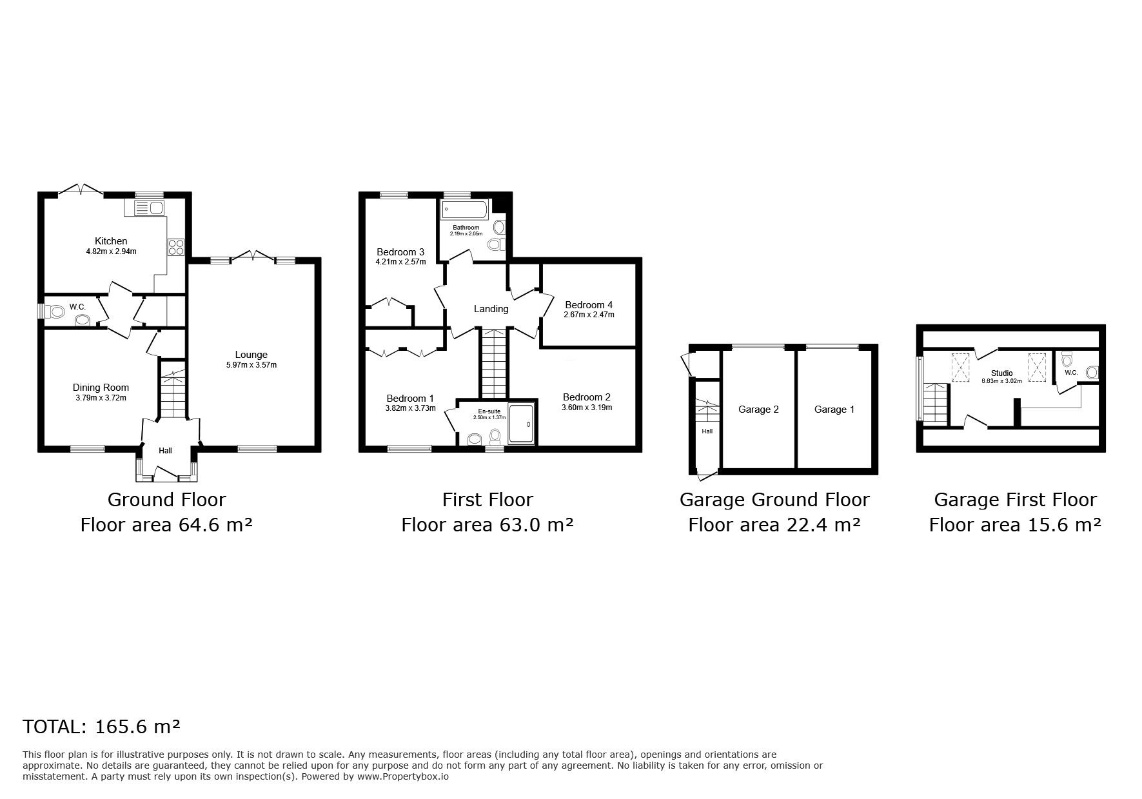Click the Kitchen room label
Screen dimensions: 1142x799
tap(111, 241)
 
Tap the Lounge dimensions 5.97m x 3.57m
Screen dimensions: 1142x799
tap(251, 365)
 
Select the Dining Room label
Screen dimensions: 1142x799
tap(101, 388)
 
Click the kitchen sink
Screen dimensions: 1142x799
tap(149, 207)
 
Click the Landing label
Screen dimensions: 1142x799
tap(491, 309)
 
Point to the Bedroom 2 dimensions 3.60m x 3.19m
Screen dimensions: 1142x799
tap(586, 408)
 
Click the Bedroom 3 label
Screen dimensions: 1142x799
tap(400, 252)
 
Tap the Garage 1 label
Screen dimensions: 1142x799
tap(834, 409)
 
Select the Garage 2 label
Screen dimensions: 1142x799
tap(758, 409)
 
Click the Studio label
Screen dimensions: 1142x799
tap(1002, 373)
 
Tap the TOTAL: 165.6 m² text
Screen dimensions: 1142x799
tap(101, 727)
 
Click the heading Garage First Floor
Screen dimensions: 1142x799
tap(1015, 500)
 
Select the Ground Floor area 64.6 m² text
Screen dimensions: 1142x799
tap(166, 525)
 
